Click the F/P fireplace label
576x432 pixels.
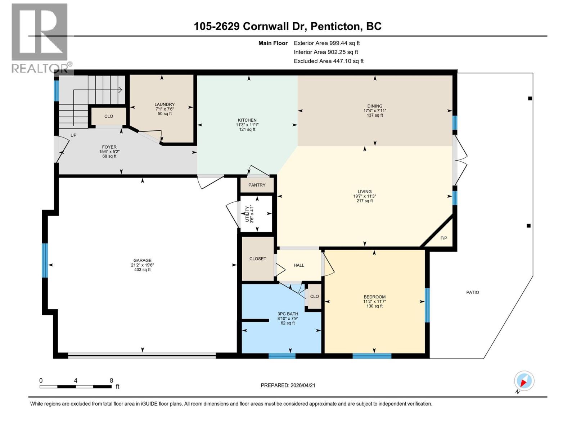[444, 238]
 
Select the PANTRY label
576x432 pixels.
[257, 185]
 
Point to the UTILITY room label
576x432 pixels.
[247, 214]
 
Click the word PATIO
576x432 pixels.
[472, 292]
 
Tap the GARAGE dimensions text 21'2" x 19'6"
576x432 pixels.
[142, 265]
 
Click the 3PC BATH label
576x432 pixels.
[288, 314]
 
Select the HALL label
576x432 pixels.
[299, 265]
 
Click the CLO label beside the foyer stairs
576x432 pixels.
[109, 116]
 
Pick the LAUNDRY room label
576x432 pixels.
[165, 104]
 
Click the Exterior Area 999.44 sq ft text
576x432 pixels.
[327, 43]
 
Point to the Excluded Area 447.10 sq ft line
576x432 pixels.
[328, 61]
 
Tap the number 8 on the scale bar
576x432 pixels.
[112, 381]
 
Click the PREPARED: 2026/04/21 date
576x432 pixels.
[288, 385]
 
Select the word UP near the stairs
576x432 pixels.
[73, 135]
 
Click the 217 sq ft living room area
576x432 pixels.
[364, 201]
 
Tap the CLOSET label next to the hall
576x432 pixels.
[258, 259]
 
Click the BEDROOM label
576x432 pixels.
[374, 297]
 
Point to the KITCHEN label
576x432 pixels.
[247, 120]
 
